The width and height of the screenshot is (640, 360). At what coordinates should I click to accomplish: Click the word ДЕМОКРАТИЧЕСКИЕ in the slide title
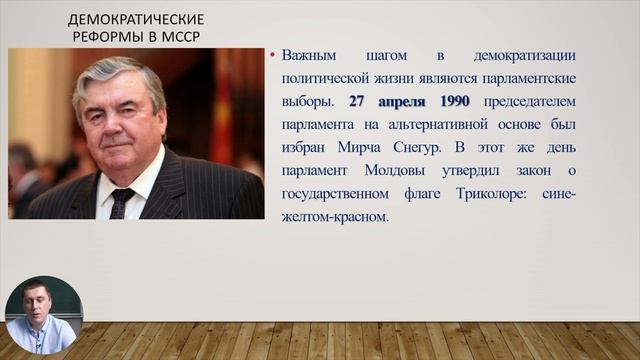tap(136, 19)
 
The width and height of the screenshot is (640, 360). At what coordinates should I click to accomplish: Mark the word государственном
tap(340, 193)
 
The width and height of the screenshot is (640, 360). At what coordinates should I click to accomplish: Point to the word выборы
tap(312, 101)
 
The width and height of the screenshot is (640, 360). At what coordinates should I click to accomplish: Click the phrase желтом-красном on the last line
tap(336, 216)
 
